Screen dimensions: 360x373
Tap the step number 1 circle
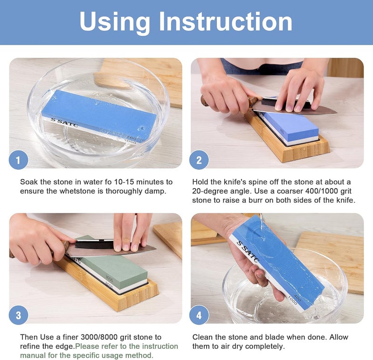pyautogui.click(x=19, y=160)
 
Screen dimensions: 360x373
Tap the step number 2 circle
pyautogui.click(x=199, y=160)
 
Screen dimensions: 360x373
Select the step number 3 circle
pyautogui.click(x=19, y=315)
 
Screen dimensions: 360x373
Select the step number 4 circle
pyautogui.click(x=199, y=315)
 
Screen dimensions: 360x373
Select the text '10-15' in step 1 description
pyautogui.click(x=106, y=182)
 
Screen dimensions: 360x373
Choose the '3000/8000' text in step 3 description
pyautogui.click(x=109, y=337)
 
